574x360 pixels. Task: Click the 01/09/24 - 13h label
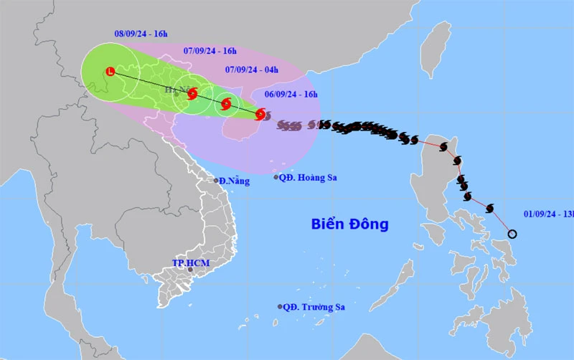coord(548,212)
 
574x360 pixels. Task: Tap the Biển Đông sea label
coord(350,224)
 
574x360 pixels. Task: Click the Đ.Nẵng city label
coord(235,181)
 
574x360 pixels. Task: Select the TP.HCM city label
coord(191,263)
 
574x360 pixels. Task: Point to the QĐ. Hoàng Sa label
coord(310,177)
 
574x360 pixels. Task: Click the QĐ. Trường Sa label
coord(314,307)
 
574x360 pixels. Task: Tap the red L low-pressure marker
coord(110,71)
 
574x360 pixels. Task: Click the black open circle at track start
coord(512,233)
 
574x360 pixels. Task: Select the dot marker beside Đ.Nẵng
coord(216,180)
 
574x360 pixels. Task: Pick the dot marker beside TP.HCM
coord(190,271)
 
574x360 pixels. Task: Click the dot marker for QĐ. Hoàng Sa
coord(277,177)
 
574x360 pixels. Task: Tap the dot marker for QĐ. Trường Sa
coord(280,307)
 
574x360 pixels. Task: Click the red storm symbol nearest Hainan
coord(260,113)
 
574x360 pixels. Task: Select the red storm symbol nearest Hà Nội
coord(192,93)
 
